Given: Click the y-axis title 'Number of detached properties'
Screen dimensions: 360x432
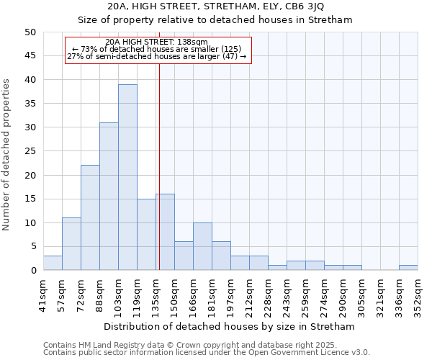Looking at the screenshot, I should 7,155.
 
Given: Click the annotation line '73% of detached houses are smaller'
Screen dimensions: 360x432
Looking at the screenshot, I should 158,49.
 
